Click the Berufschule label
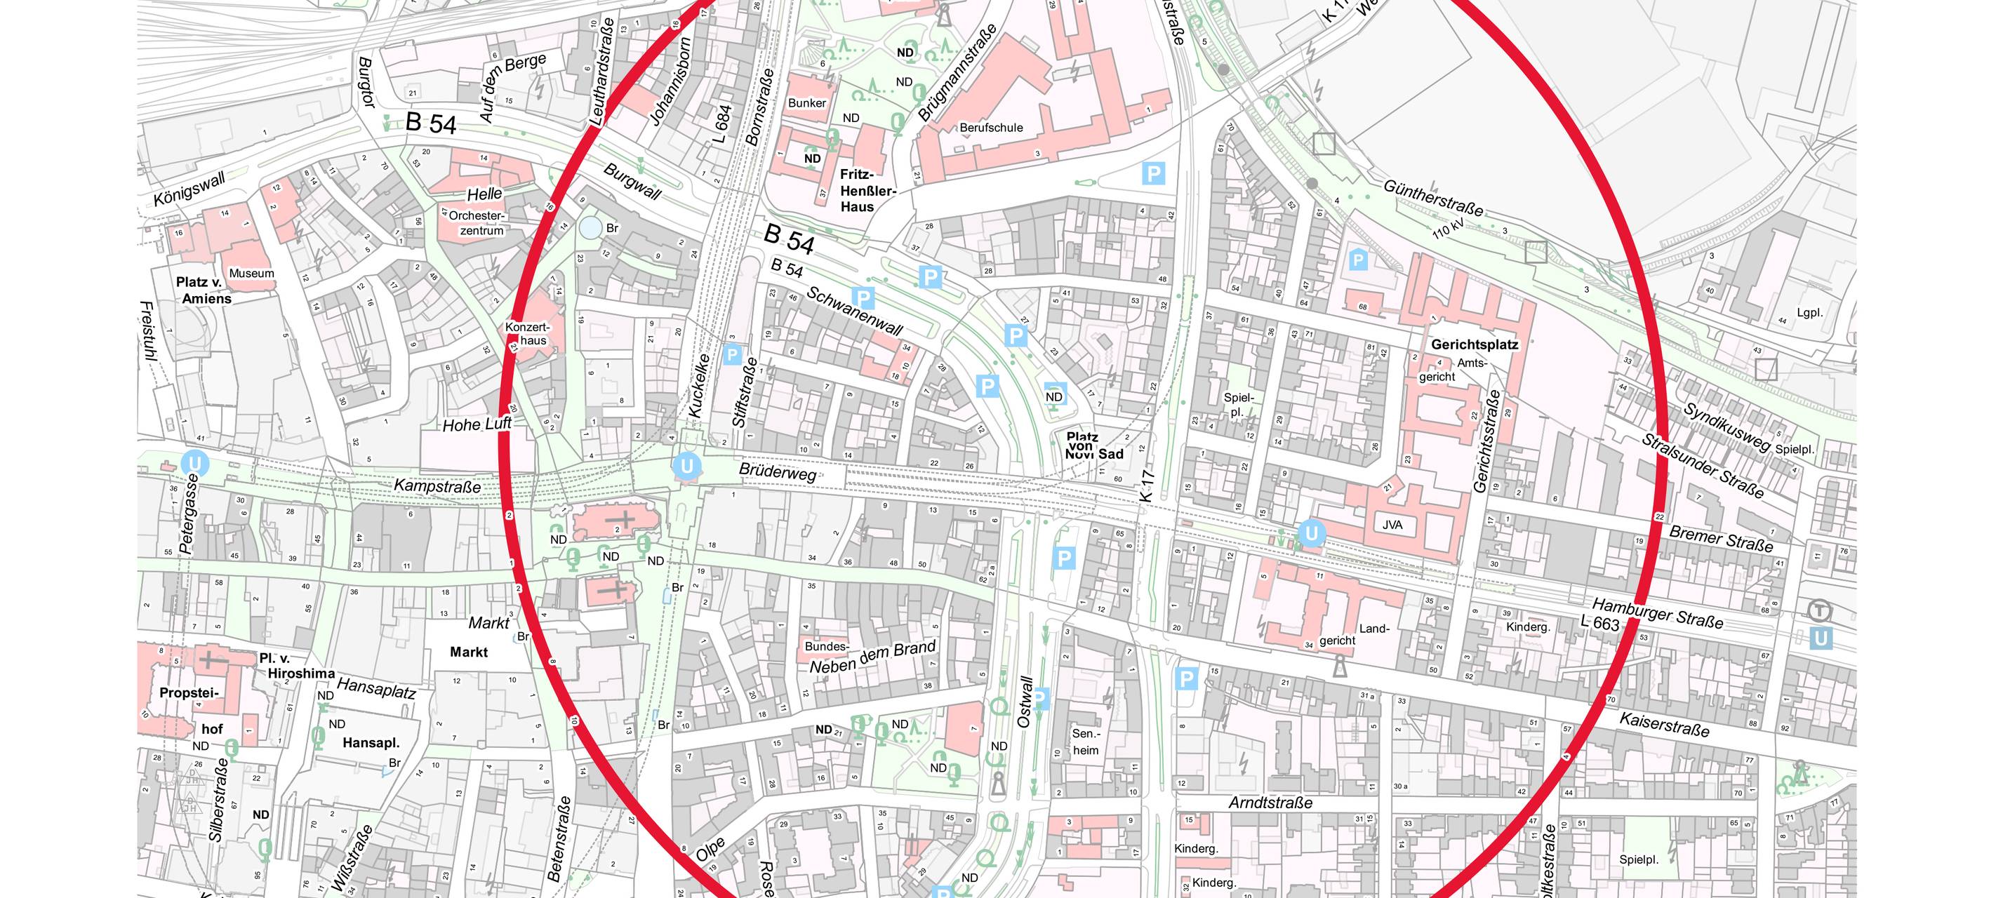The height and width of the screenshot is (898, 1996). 991,128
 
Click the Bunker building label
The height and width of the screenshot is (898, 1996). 806,103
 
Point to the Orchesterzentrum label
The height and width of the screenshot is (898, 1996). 477,223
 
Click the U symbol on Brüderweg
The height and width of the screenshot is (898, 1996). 686,466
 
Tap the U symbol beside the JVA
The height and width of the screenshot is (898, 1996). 1311,533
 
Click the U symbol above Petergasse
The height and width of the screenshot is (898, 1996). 194,463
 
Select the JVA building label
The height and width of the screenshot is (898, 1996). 1392,525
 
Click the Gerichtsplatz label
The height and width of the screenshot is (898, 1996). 1474,344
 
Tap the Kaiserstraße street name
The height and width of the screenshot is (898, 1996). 1663,725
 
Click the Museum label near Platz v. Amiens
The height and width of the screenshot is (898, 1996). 251,274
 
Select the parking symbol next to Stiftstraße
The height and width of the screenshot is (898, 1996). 731,355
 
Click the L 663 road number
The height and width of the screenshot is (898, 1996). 1600,622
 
